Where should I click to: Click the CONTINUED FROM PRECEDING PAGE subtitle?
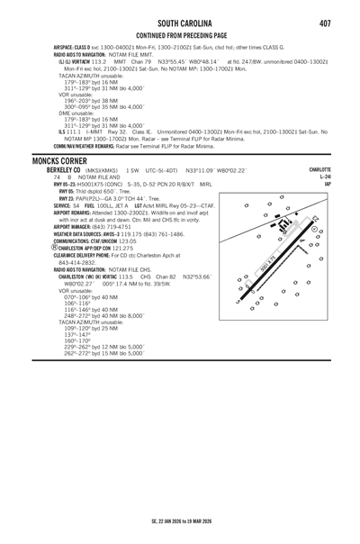click(180, 35)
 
